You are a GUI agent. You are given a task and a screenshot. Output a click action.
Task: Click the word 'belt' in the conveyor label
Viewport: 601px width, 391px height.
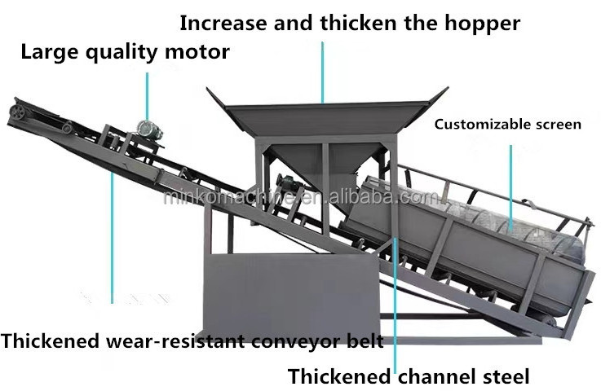pos(364,340)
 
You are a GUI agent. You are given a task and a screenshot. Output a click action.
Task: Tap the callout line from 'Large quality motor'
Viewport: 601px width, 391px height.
pos(148,94)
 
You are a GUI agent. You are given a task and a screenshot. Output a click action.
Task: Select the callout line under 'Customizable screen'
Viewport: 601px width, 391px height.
pos(511,179)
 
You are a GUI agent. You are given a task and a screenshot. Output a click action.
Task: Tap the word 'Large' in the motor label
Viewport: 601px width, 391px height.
pos(47,54)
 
